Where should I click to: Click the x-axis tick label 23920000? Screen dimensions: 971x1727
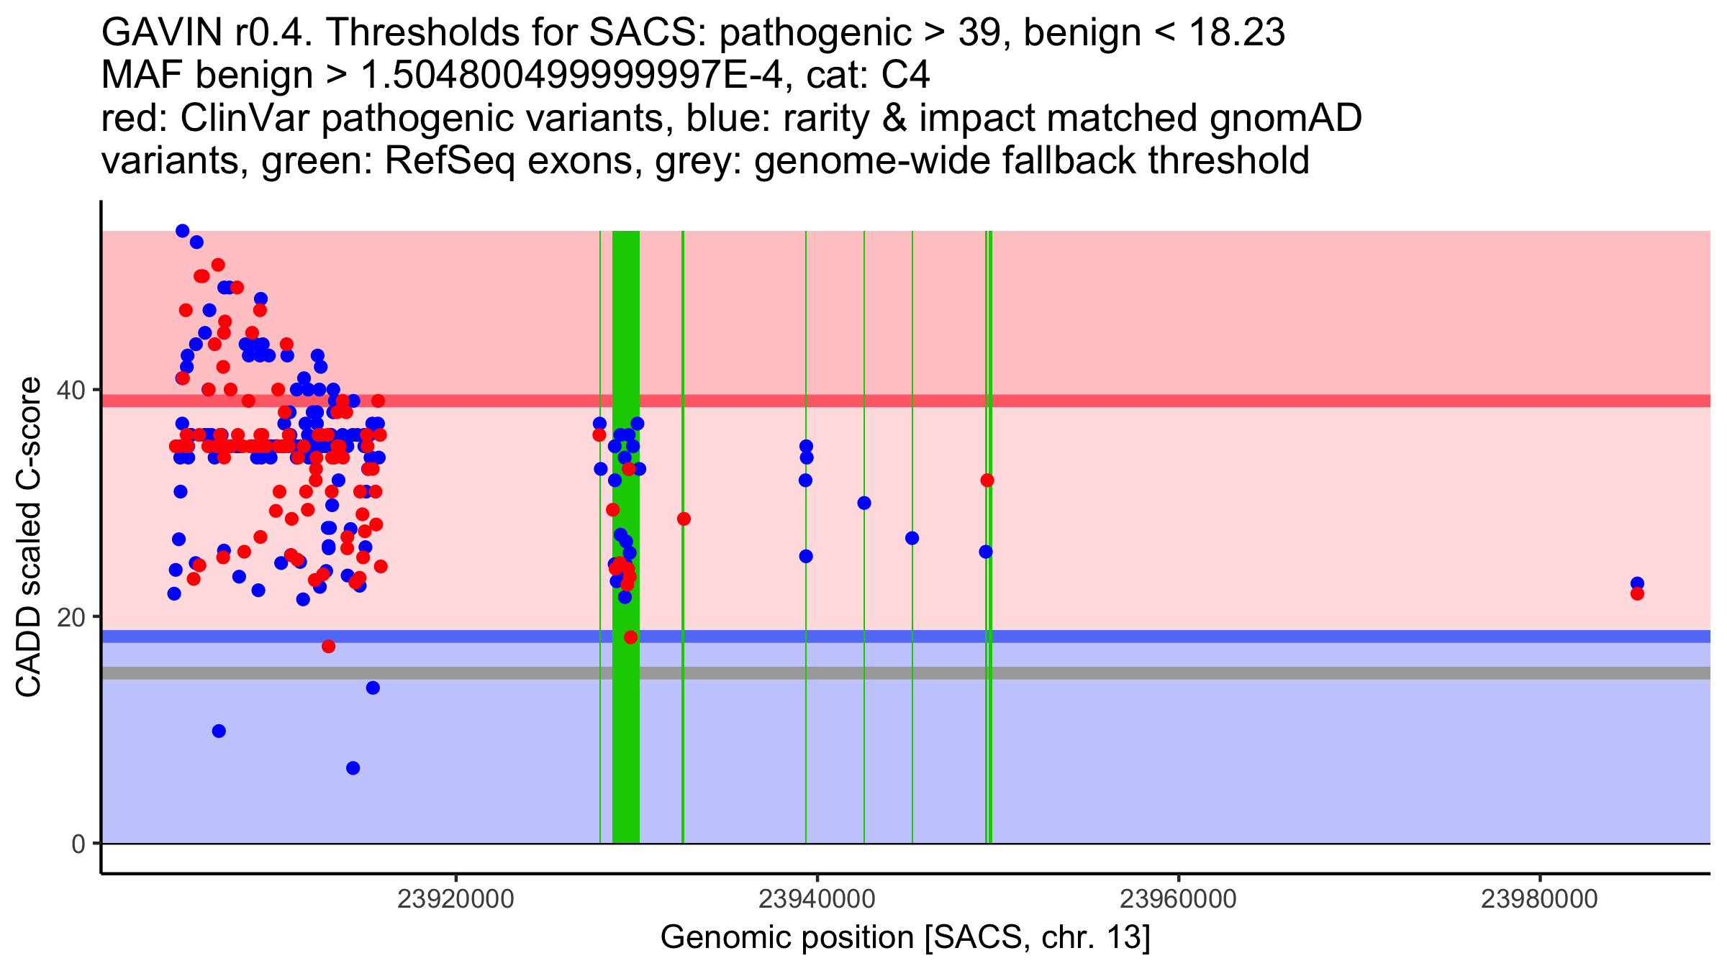tap(455, 899)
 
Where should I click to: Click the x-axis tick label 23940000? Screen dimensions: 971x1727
tap(817, 899)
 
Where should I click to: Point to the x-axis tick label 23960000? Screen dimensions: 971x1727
tap(1179, 899)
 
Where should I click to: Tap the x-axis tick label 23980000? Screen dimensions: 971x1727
tap(1540, 899)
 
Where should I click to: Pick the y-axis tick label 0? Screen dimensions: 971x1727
tap(78, 844)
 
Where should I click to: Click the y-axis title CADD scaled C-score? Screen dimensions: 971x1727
tap(29, 538)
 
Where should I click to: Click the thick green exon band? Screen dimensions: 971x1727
tap(625, 537)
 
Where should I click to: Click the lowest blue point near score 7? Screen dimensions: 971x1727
tap(353, 768)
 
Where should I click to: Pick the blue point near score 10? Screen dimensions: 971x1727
tap(219, 731)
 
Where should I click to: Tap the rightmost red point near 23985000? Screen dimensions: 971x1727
tap(1637, 593)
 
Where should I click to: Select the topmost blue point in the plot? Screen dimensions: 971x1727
tap(183, 231)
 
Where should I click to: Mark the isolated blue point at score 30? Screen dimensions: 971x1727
tap(864, 503)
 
